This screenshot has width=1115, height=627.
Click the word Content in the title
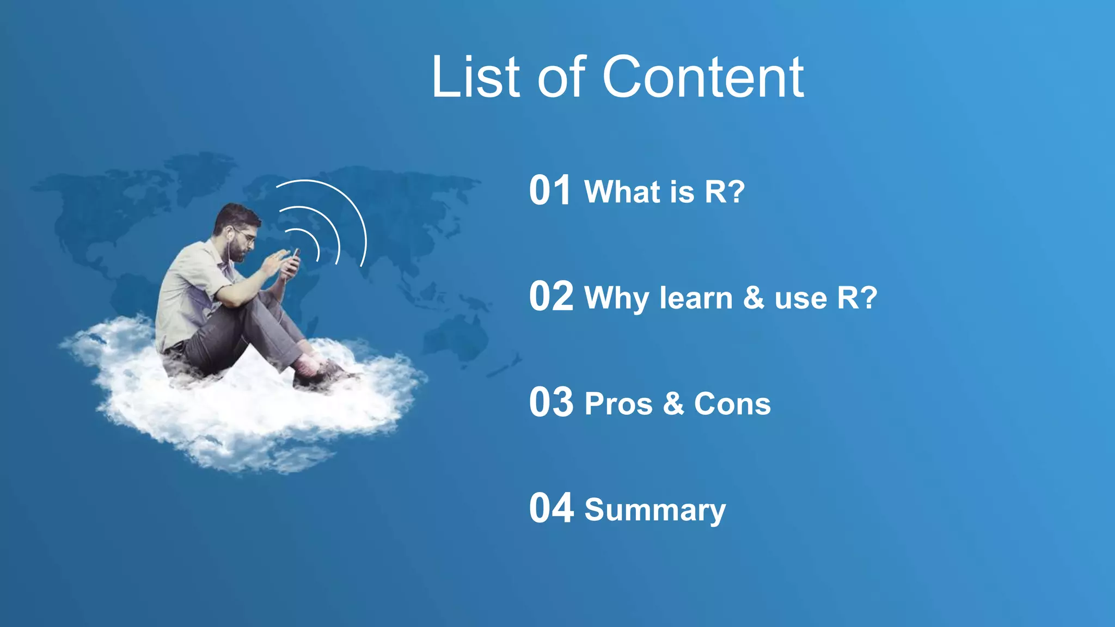tap(703, 77)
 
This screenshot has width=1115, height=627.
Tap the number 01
tap(550, 190)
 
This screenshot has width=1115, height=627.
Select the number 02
tap(551, 297)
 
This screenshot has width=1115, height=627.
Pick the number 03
tap(551, 403)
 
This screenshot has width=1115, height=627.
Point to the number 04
tap(551, 508)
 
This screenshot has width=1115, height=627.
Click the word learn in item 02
tap(696, 298)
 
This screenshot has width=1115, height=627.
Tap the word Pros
tap(618, 404)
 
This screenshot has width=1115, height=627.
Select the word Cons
tap(732, 404)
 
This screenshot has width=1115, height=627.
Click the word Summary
tap(655, 511)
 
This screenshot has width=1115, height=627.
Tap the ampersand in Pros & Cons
tap(673, 404)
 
